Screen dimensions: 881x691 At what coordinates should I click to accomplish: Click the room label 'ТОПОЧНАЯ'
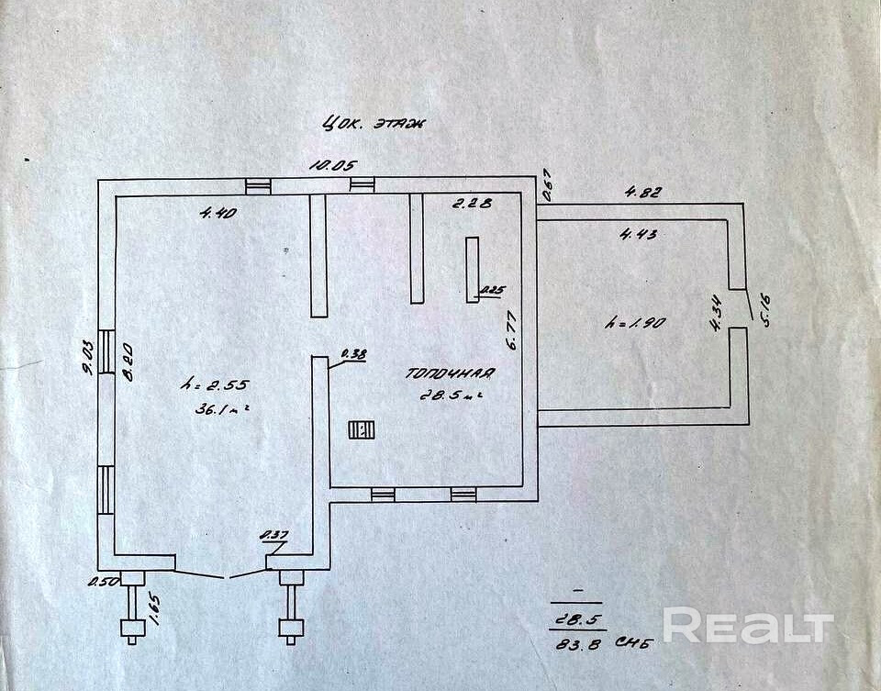(451, 373)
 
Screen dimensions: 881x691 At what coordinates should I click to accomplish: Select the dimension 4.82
(643, 193)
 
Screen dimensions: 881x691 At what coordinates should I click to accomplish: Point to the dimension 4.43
(638, 233)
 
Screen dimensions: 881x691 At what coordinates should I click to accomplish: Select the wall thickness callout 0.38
(352, 353)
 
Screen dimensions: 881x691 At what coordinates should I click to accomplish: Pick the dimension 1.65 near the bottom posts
(155, 608)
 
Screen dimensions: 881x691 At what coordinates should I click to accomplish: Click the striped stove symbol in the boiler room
(359, 431)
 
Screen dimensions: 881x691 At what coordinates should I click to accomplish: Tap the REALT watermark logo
(748, 626)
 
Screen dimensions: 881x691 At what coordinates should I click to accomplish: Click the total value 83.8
(576, 642)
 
